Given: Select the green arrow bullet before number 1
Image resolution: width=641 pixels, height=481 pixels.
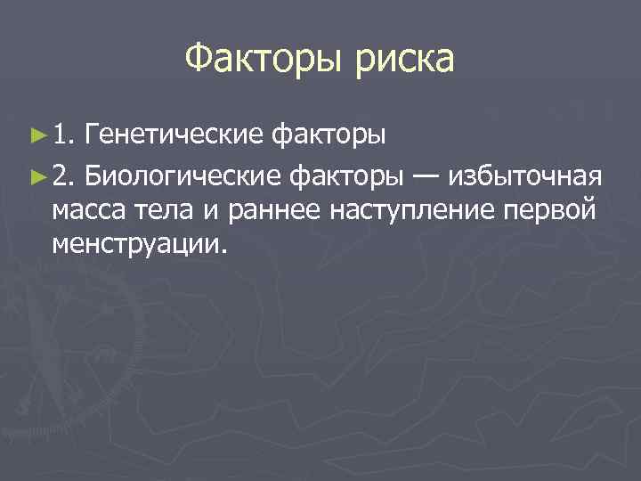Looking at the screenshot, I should click(x=37, y=137).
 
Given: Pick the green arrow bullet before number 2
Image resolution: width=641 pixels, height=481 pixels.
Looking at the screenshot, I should click(x=37, y=175).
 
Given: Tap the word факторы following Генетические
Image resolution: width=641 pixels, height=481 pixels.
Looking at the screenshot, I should click(x=329, y=136).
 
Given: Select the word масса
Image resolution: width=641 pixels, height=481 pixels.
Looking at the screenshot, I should click(x=86, y=211).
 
